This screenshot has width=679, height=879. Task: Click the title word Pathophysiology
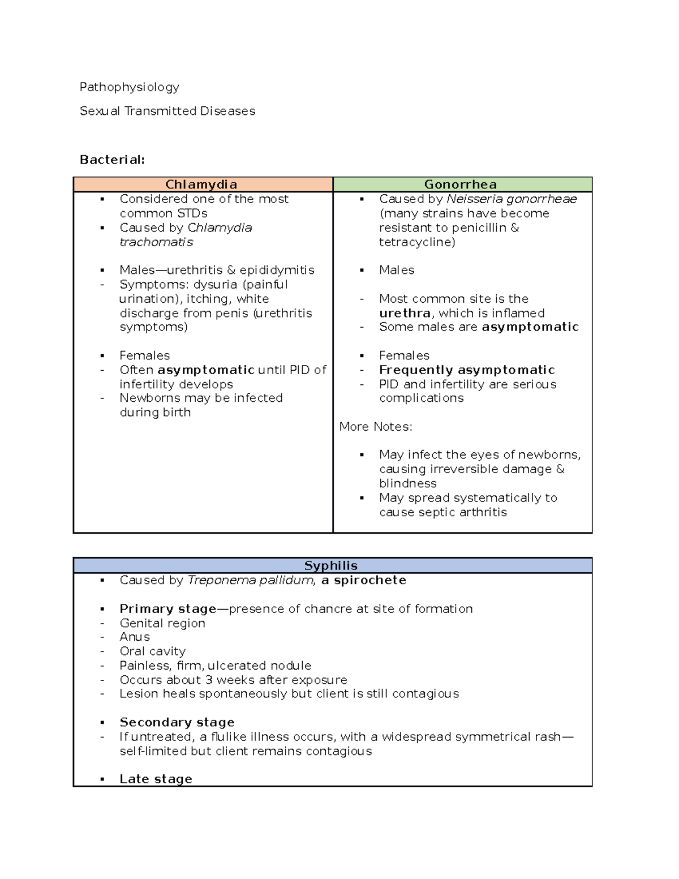(129, 87)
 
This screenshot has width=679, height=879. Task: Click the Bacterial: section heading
(112, 160)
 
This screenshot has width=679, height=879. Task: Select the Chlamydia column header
(201, 185)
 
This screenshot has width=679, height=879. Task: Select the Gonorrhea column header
(461, 185)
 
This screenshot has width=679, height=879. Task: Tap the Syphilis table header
(331, 565)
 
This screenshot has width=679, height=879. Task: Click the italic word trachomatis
(156, 242)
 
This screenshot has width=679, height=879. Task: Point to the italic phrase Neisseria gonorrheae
(512, 199)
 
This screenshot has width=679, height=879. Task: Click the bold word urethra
(405, 313)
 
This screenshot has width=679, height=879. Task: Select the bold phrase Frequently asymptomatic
(467, 370)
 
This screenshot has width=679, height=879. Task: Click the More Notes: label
(376, 427)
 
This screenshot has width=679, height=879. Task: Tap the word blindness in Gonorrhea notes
(408, 483)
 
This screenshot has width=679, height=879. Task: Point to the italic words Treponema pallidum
(251, 580)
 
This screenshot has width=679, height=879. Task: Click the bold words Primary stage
(167, 609)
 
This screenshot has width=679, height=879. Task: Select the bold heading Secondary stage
(177, 722)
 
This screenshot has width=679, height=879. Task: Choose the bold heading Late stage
(156, 779)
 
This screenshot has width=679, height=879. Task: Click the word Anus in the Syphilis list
(135, 637)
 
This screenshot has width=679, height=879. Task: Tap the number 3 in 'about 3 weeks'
(209, 680)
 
